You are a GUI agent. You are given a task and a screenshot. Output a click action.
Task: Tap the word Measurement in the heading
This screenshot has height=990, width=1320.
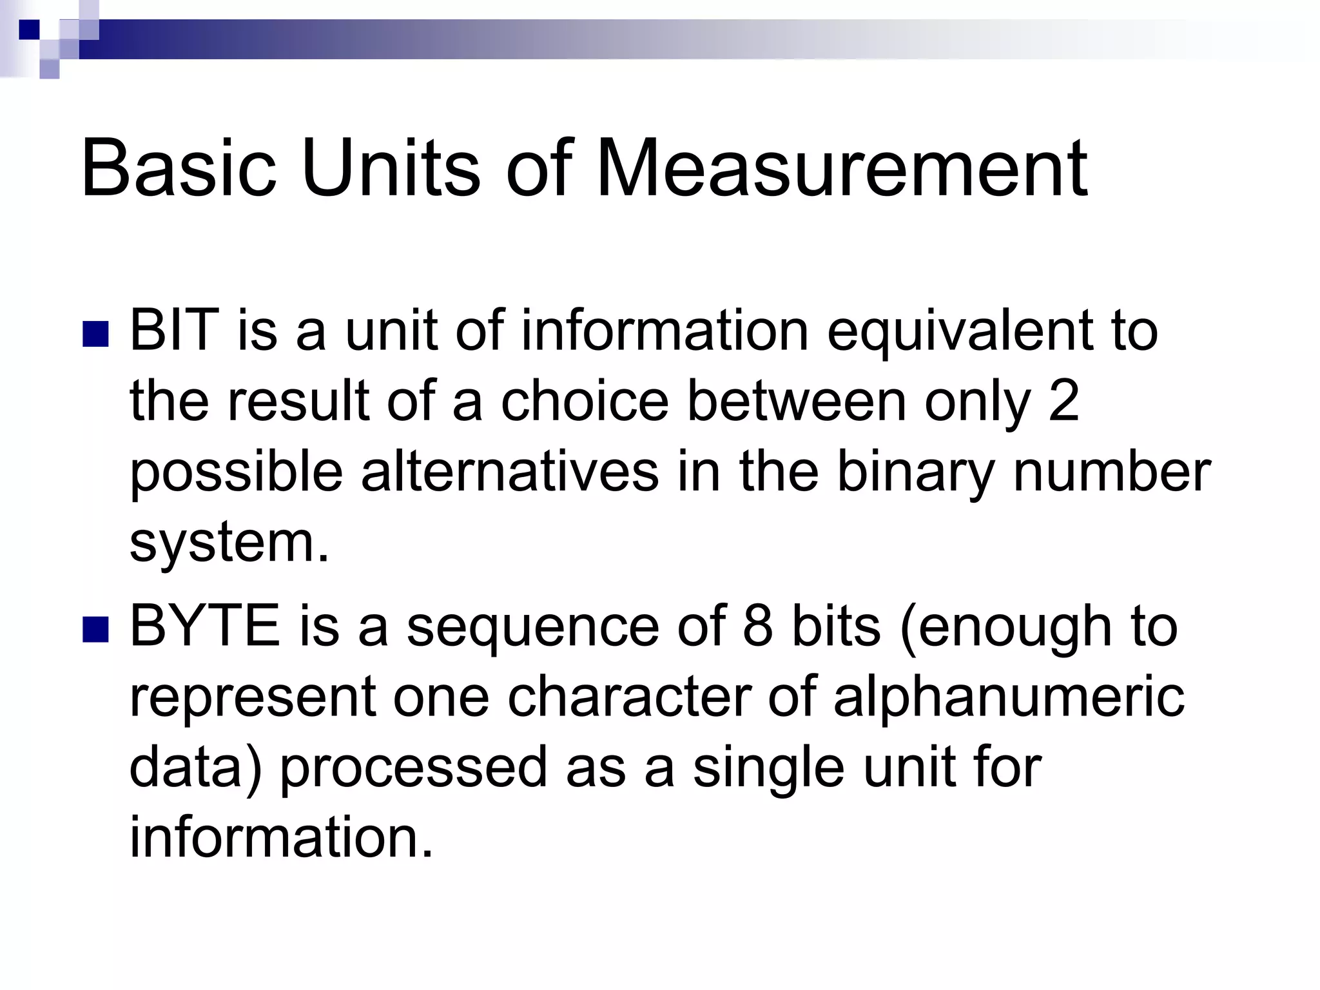tap(842, 169)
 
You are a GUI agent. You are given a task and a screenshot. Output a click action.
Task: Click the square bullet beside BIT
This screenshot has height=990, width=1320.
tap(95, 335)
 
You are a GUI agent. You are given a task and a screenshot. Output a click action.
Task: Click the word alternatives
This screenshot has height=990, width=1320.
tap(510, 472)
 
